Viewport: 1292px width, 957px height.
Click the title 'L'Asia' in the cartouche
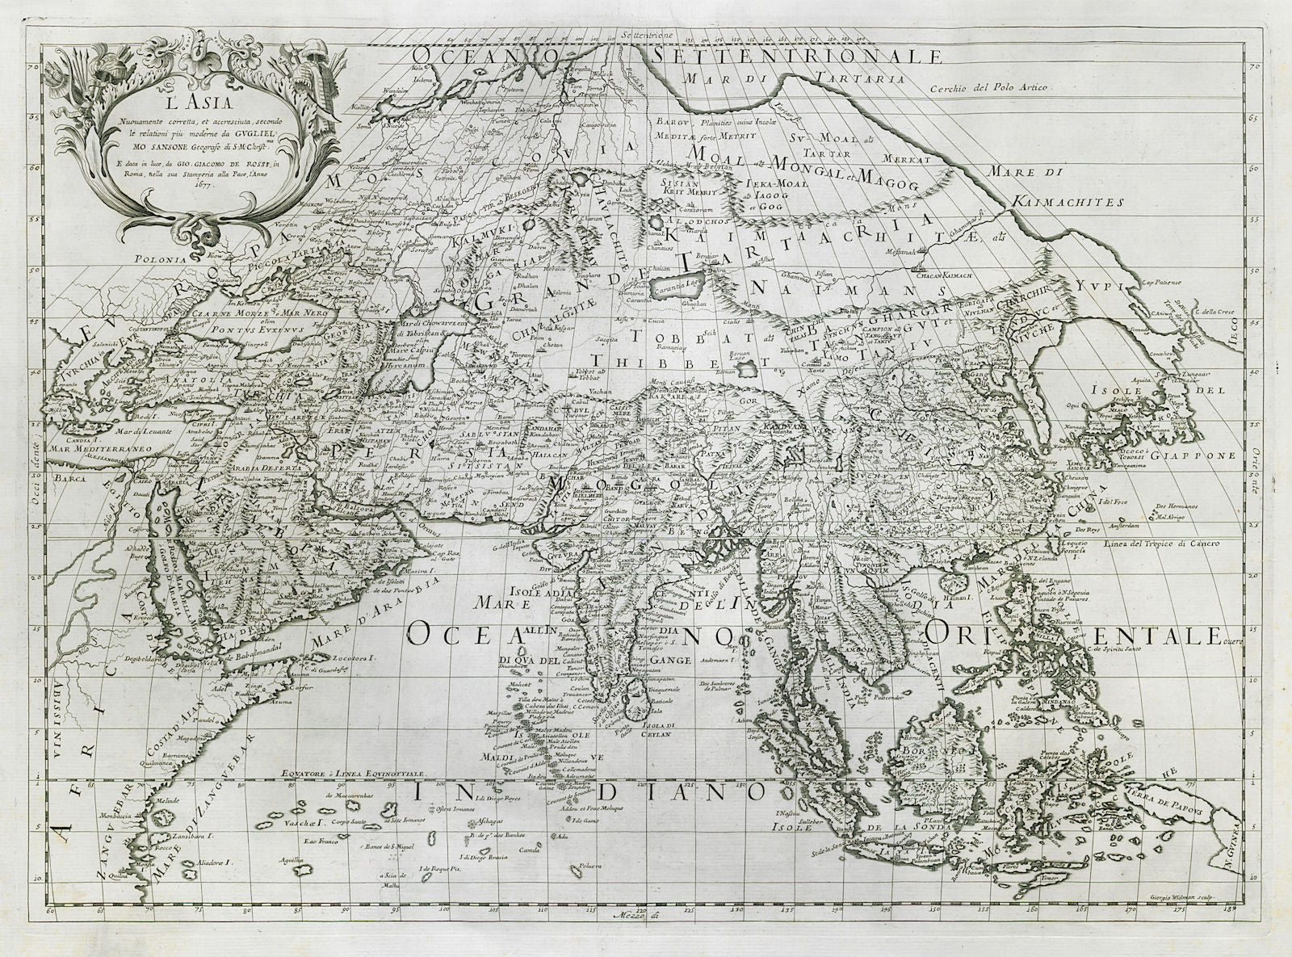point(144,103)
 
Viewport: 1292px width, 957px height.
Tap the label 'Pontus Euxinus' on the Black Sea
point(224,329)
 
